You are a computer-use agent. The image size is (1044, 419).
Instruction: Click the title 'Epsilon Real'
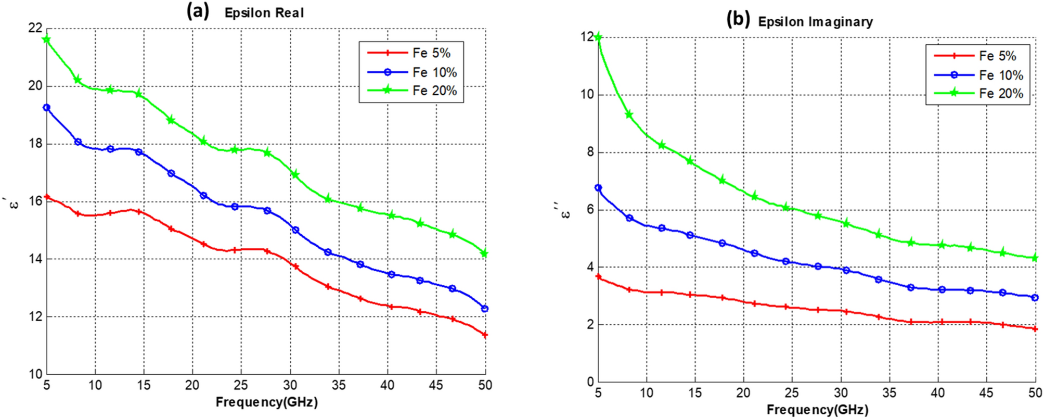(x=264, y=13)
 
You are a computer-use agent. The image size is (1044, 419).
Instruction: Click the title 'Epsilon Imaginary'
(x=815, y=22)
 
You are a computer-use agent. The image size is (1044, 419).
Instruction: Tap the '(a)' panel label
(x=198, y=11)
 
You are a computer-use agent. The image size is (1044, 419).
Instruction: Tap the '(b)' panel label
(x=738, y=20)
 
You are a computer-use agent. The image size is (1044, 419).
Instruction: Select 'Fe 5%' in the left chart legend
(x=431, y=53)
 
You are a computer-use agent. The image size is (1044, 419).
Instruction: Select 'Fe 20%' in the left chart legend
(x=434, y=91)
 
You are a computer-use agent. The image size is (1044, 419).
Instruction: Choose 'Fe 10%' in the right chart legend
(x=1001, y=75)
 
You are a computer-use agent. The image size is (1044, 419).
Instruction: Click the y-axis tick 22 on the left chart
(x=35, y=28)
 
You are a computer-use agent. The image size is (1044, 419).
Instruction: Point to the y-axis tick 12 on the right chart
(x=587, y=37)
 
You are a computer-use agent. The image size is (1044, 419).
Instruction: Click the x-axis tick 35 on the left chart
(x=339, y=385)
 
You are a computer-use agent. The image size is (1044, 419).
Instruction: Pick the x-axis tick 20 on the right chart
(x=743, y=393)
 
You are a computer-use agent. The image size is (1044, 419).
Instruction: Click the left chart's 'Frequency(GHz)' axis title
(x=266, y=402)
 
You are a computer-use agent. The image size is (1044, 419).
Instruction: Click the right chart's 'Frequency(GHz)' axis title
(x=817, y=410)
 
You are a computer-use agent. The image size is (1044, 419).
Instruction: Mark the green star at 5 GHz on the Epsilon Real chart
(x=47, y=40)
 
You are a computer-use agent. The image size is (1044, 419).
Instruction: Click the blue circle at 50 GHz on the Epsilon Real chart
(x=485, y=309)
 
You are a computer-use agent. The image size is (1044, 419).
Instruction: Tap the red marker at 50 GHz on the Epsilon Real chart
(x=485, y=335)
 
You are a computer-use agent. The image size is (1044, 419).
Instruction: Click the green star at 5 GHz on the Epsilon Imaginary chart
(x=598, y=37)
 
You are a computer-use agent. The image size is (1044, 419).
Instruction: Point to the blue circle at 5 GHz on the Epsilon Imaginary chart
(x=598, y=188)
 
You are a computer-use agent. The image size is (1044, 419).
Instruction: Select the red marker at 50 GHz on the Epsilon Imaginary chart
(x=1035, y=329)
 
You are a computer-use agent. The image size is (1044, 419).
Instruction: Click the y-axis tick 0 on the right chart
(x=590, y=382)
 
